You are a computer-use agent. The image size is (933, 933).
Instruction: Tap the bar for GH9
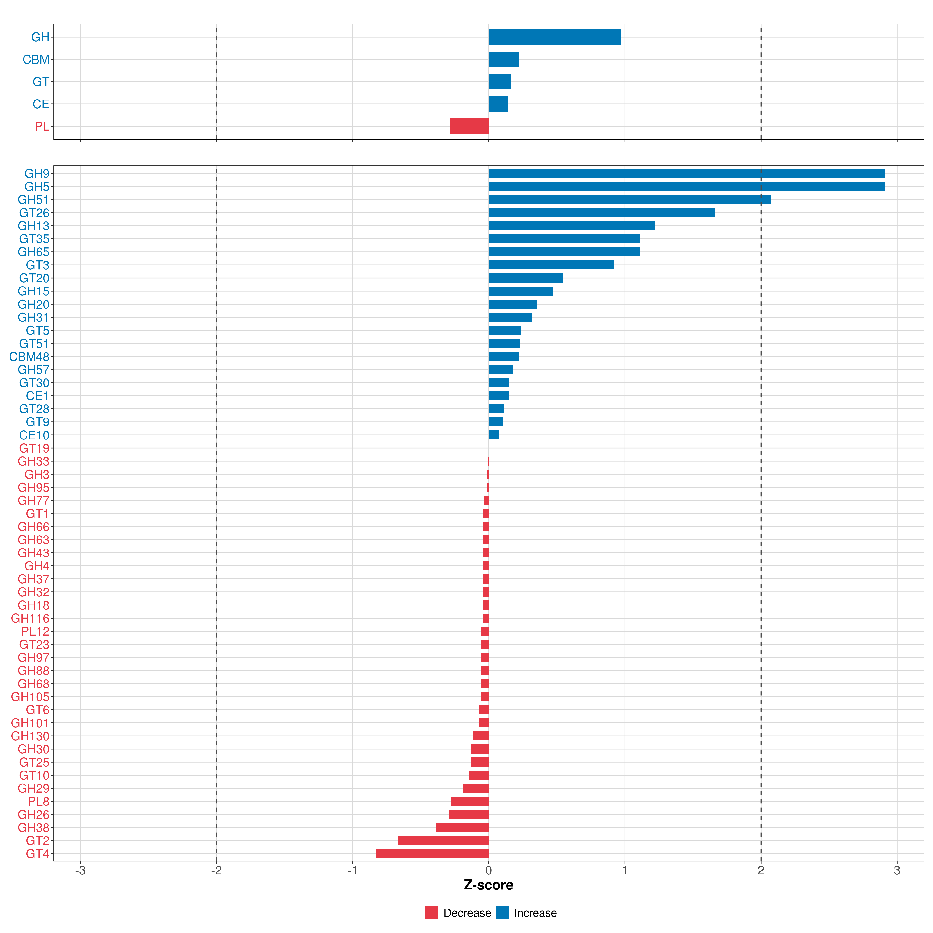point(686,173)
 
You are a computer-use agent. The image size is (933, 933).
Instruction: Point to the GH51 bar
point(630,199)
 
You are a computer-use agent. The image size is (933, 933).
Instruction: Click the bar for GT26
point(602,212)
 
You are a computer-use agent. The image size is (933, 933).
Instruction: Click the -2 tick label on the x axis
point(216,871)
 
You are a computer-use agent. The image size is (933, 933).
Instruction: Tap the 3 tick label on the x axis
point(897,871)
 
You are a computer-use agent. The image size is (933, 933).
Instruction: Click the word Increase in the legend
point(535,913)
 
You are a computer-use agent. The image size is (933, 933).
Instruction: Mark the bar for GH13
point(572,225)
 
